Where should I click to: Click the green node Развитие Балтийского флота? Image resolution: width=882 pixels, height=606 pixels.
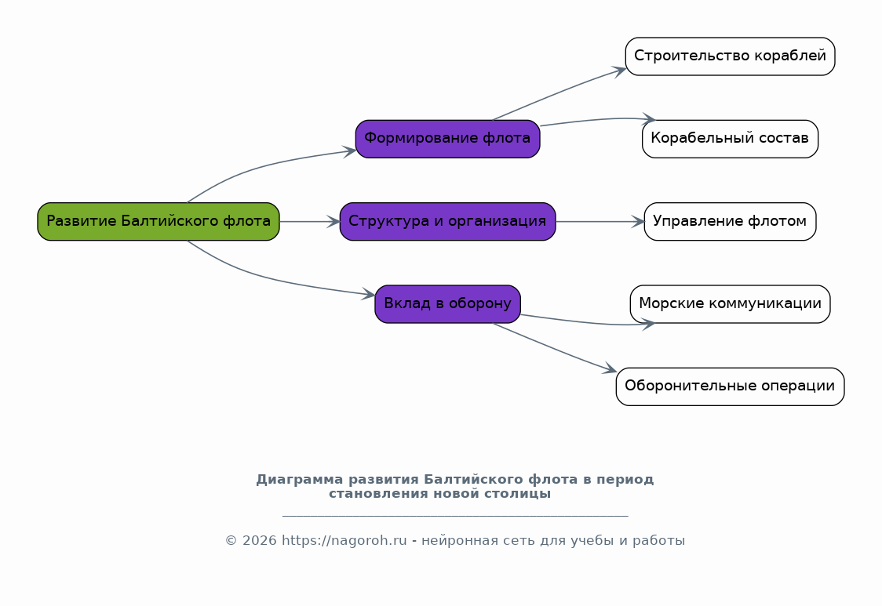pos(159,222)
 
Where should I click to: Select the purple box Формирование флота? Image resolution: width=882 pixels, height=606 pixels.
pos(448,139)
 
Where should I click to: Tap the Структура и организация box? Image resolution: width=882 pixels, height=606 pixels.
pos(448,222)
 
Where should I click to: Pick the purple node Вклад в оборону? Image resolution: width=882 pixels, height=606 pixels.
pos(448,304)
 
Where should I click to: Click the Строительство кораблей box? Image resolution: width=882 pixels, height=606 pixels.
pos(730,56)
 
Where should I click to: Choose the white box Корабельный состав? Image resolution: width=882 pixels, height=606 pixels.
pos(730,139)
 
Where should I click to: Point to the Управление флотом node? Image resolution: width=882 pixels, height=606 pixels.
pos(730,222)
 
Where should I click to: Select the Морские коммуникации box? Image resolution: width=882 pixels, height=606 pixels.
pos(730,304)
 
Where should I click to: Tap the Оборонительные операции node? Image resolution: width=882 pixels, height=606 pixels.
pos(730,386)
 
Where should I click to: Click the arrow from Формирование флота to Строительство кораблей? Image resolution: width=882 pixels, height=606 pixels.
pos(559,93)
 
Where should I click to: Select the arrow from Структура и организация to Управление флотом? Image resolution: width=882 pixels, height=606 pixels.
pos(600,222)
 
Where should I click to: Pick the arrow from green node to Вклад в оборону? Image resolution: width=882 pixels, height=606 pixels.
pos(264,277)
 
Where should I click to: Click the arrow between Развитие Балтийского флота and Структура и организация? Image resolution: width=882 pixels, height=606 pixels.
pos(309,222)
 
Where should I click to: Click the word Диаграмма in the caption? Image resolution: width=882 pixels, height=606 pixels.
pos(300,480)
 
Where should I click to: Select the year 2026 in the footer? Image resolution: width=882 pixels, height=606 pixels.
pos(259,541)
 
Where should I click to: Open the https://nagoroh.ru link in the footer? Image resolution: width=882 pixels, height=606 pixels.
pos(344,541)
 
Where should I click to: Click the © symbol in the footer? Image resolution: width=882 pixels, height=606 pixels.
pos(231,541)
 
